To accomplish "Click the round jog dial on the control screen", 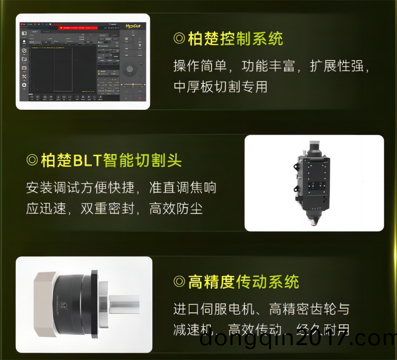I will pyautogui.click(x=130, y=69).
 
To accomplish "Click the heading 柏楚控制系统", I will pyautogui.click(x=235, y=39).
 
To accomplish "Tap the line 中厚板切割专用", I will pyautogui.click(x=220, y=86).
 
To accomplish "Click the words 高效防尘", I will pyautogui.click(x=176, y=208).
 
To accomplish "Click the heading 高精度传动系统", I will pyautogui.click(x=244, y=282).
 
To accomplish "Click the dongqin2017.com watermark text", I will pyautogui.click(x=298, y=340).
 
